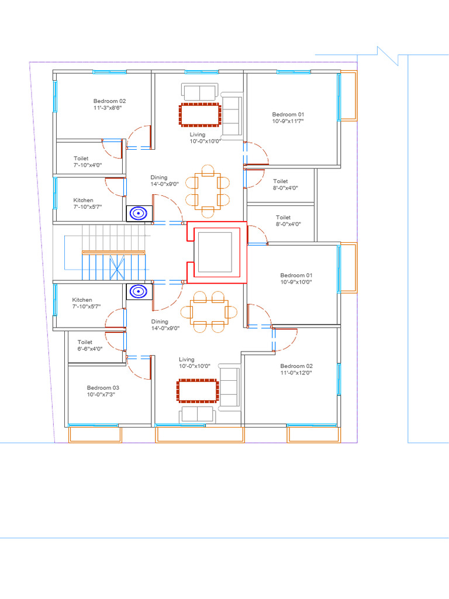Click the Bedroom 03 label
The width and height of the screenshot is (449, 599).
[x=103, y=388]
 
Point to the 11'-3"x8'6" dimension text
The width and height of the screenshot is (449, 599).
[x=108, y=108]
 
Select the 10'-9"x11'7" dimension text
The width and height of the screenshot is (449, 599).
[x=288, y=121]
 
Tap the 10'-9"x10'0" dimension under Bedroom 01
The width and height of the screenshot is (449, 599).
[x=296, y=282]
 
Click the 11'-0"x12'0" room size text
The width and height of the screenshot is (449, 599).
[x=296, y=373]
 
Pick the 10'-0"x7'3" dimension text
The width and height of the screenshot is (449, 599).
[x=101, y=394]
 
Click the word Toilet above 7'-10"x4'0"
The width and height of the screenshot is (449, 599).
[x=81, y=158]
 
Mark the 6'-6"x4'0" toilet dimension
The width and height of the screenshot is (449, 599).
[x=89, y=349]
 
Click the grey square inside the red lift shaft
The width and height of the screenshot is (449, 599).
[x=215, y=252]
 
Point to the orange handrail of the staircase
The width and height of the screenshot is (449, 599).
[x=114, y=252]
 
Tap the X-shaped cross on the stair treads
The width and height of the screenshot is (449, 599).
[x=117, y=267]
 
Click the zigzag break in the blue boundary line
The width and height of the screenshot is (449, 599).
[x=388, y=56]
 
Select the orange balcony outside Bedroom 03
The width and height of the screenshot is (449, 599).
[x=95, y=435]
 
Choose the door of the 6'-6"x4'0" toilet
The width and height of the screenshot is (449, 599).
[x=115, y=341]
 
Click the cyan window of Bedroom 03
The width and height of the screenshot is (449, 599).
[x=93, y=425]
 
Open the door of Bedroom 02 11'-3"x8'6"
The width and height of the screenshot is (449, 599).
[x=139, y=137]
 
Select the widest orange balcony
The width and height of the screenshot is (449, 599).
[x=200, y=435]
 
